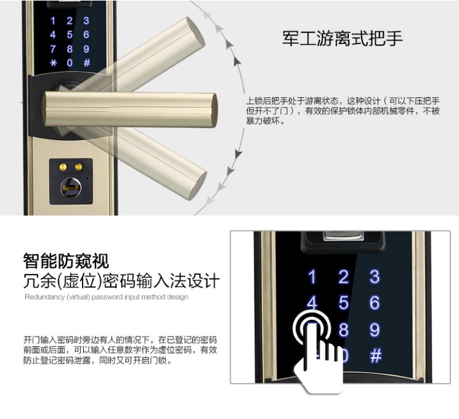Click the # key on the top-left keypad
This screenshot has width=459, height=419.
point(86,63)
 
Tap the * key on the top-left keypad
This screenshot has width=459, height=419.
point(53,63)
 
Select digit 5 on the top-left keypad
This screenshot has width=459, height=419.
point(70,35)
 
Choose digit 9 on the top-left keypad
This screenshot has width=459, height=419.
point(86,49)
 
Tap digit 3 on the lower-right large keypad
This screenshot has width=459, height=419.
point(375,276)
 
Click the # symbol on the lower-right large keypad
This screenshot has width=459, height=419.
point(375,356)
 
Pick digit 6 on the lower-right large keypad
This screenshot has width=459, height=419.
point(375,303)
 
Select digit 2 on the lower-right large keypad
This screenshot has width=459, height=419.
point(343,276)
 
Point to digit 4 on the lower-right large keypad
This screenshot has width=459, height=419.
point(312,303)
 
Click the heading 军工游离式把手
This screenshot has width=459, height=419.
point(343,39)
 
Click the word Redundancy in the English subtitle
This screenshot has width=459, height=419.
point(43,297)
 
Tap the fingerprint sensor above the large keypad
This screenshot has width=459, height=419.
point(334,239)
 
